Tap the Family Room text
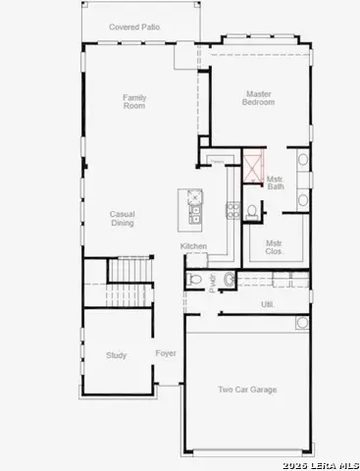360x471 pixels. [x=134, y=102]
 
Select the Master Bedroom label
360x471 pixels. [x=259, y=98]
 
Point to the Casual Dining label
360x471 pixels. [x=122, y=219]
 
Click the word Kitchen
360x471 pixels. [x=192, y=246]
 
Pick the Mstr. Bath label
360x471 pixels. [x=278, y=182]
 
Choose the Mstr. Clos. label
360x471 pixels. [x=276, y=246]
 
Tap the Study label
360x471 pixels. [x=116, y=355]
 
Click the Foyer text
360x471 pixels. [x=166, y=353]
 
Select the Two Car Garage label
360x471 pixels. [x=247, y=390]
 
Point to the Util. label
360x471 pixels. [x=266, y=304]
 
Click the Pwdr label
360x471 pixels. [x=212, y=283]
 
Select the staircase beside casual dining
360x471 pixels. [x=129, y=270]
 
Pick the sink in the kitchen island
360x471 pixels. [x=195, y=209]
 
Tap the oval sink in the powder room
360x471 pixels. [x=229, y=281]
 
